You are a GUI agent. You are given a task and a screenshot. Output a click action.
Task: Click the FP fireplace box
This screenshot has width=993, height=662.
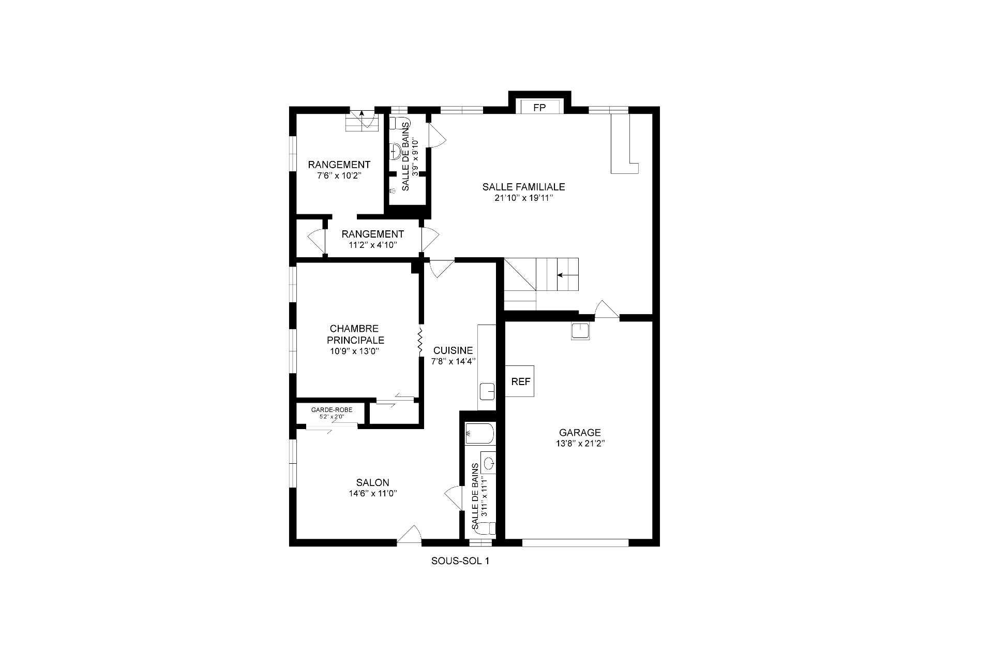[x=539, y=107]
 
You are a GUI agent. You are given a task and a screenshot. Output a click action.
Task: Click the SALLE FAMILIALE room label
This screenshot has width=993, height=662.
[x=523, y=187]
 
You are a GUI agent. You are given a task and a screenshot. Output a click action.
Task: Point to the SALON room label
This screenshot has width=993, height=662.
[x=372, y=483]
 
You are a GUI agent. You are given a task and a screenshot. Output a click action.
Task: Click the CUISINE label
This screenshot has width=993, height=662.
[x=453, y=350]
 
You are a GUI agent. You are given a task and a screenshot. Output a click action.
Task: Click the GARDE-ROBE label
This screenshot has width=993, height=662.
[x=332, y=410]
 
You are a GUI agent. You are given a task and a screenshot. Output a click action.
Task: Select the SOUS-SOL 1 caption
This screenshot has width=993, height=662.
[x=460, y=561]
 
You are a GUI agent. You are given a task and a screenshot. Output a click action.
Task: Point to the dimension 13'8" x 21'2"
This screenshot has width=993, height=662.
[x=580, y=444]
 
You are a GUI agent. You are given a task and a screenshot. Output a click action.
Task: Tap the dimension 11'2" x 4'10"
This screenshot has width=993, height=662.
[x=372, y=245]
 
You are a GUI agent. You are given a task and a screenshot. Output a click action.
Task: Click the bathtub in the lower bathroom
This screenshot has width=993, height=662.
[x=480, y=434]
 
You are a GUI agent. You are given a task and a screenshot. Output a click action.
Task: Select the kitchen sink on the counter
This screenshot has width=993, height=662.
[x=488, y=391]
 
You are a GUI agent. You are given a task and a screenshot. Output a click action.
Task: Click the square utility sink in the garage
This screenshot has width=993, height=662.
[x=580, y=331]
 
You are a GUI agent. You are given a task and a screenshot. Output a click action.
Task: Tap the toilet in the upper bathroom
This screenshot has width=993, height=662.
[x=399, y=123]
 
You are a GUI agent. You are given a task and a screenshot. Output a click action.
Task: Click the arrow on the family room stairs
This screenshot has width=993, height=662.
[x=567, y=275]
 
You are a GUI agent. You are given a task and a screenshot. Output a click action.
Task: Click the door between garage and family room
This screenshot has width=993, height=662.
[x=607, y=309]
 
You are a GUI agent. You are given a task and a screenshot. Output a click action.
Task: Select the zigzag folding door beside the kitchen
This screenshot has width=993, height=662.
[x=420, y=341]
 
